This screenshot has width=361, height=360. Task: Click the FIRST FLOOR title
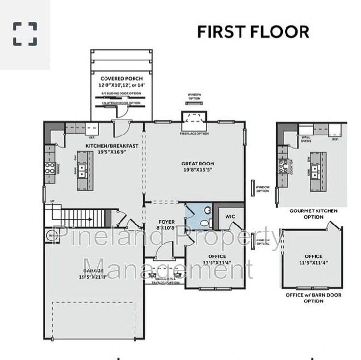pyautogui.click(x=253, y=31)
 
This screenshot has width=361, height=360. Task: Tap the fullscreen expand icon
pyautogui.click(x=25, y=34)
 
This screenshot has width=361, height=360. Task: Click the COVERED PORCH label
pyautogui.click(x=121, y=79)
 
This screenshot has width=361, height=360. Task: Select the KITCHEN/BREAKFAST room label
pyautogui.click(x=112, y=146)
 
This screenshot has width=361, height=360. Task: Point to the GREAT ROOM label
pyautogui.click(x=198, y=164)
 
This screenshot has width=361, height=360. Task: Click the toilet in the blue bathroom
pyautogui.click(x=204, y=223)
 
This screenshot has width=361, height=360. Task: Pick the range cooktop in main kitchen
pyautogui.click(x=50, y=168)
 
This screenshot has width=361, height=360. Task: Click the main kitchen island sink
pyautogui.click(x=83, y=170)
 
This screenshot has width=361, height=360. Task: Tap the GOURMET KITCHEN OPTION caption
pyautogui.click(x=313, y=214)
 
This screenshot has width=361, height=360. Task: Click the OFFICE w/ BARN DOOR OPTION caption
pyautogui.click(x=313, y=298)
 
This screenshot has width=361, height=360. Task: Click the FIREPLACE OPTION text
pyautogui.click(x=194, y=134)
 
